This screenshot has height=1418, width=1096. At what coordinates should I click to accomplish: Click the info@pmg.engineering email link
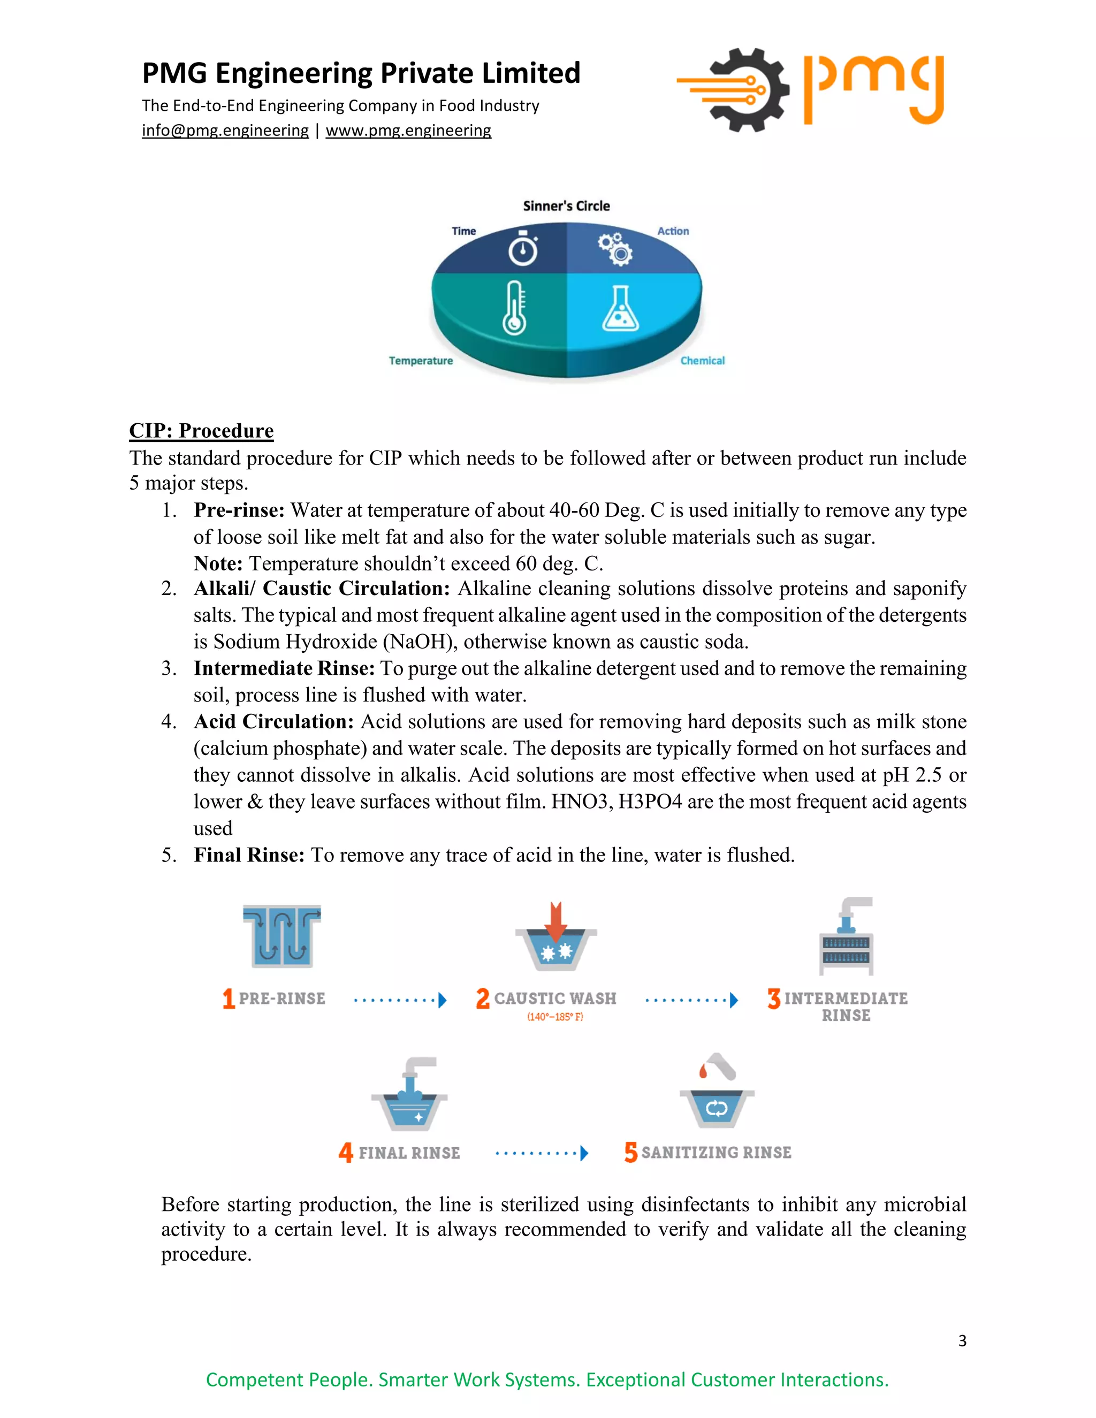(225, 131)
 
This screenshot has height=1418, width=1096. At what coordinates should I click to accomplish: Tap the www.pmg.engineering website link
(408, 131)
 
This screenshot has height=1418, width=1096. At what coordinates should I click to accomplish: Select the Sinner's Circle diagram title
(566, 206)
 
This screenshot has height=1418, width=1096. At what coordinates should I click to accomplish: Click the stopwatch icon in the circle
(523, 248)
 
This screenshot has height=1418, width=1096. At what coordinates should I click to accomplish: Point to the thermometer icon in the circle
(514, 308)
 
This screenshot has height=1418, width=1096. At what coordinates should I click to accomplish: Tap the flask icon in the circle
(620, 309)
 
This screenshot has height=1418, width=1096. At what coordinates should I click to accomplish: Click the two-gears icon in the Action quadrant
(615, 248)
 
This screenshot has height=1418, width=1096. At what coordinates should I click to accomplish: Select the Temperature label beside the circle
(421, 361)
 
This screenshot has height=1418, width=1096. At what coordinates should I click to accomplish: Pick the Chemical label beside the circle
(703, 361)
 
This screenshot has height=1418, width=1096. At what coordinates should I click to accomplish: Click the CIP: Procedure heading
(201, 430)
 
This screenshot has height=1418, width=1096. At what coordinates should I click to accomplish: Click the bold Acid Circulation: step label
(273, 721)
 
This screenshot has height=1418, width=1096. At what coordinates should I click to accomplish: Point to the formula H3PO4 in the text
(650, 802)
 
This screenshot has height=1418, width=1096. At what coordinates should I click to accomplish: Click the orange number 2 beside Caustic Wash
(482, 998)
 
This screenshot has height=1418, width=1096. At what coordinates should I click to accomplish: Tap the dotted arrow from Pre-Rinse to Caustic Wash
(400, 1000)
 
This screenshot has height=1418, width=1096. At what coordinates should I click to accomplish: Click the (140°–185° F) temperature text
(554, 1017)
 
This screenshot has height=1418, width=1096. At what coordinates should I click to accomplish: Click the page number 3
(962, 1340)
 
